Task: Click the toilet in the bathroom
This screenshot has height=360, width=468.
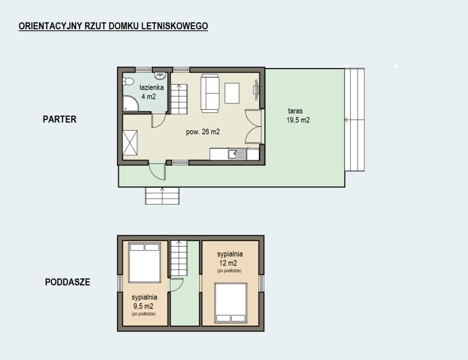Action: [x=128, y=81]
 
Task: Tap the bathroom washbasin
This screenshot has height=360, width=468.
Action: [x=160, y=76]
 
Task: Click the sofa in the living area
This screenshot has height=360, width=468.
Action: [x=210, y=93]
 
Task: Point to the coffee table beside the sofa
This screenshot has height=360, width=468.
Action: [x=232, y=93]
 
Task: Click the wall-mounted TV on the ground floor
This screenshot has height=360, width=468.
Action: [x=256, y=90]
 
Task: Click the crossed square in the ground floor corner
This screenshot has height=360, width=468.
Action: [x=130, y=143]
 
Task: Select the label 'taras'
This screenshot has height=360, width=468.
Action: [x=295, y=111]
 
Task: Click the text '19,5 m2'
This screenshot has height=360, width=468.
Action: [x=298, y=120]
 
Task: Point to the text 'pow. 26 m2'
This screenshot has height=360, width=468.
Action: [x=203, y=132]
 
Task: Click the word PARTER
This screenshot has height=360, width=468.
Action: [x=59, y=119]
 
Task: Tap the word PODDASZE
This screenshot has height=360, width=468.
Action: [x=67, y=282]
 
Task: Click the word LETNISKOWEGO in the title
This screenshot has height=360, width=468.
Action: [x=175, y=26]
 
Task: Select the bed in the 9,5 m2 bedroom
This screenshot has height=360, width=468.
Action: [x=144, y=262]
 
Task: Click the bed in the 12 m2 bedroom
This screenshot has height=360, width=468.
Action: [x=231, y=303]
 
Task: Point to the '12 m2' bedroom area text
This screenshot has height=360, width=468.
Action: [x=228, y=263]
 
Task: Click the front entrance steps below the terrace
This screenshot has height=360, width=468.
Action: [x=162, y=196]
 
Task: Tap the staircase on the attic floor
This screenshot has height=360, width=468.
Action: [x=179, y=259]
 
